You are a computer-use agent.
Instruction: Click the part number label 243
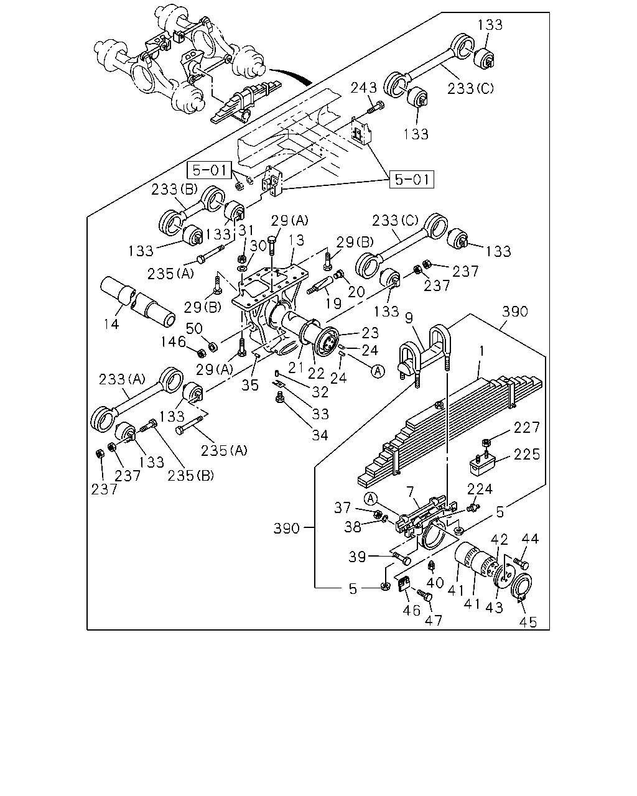click(363, 88)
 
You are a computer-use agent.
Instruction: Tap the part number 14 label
click(111, 324)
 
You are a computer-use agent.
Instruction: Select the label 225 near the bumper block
click(527, 454)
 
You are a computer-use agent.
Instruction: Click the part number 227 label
click(527, 428)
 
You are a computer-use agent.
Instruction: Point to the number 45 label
click(528, 622)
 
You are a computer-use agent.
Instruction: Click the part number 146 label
click(173, 341)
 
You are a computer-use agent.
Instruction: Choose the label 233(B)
click(174, 190)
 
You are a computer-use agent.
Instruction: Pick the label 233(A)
click(122, 379)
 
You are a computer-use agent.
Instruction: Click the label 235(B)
click(190, 475)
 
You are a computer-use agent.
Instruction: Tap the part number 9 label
click(409, 318)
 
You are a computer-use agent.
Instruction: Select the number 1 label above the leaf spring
click(481, 351)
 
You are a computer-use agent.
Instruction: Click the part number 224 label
click(480, 489)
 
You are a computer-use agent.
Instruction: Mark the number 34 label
click(320, 435)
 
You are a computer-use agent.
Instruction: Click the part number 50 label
click(194, 328)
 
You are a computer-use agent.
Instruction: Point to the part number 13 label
click(296, 240)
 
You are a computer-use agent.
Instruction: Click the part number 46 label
click(412, 610)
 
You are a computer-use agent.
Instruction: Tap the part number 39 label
click(357, 557)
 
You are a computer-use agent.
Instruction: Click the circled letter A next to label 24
click(378, 371)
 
